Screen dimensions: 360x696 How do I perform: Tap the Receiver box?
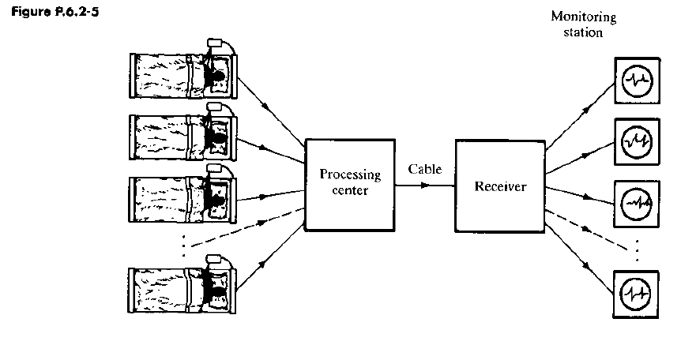(499, 186)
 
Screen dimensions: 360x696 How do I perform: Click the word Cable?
(425, 170)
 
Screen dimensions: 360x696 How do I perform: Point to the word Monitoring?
(583, 17)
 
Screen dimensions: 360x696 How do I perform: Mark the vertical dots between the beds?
(183, 246)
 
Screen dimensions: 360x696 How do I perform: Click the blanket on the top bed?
(162, 74)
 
